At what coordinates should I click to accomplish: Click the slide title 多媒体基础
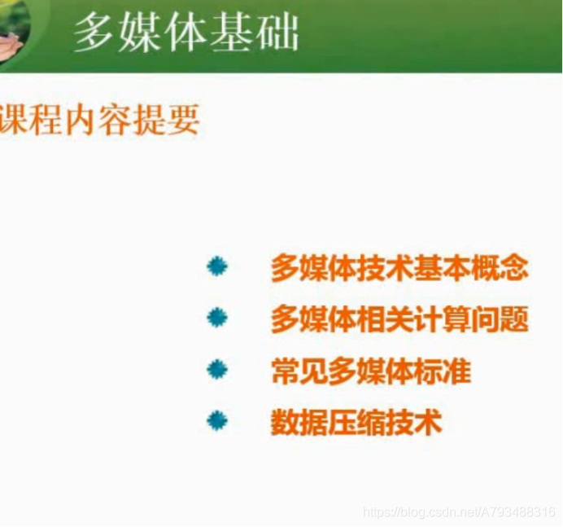click(186, 33)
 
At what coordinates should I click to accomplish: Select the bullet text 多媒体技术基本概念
click(399, 268)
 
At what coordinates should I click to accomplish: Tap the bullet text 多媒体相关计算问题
click(399, 318)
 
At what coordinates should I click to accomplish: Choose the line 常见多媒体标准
click(370, 371)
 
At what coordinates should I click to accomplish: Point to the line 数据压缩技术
click(356, 422)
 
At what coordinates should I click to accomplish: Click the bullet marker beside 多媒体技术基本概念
click(217, 267)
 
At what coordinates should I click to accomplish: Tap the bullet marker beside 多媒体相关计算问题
click(217, 318)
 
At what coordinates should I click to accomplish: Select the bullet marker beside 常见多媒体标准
click(217, 370)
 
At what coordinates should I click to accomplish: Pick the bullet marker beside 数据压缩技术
click(217, 421)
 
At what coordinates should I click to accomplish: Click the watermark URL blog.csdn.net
click(460, 513)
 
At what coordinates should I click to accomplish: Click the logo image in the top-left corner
click(15, 24)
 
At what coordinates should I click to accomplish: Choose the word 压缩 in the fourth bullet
click(356, 422)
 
